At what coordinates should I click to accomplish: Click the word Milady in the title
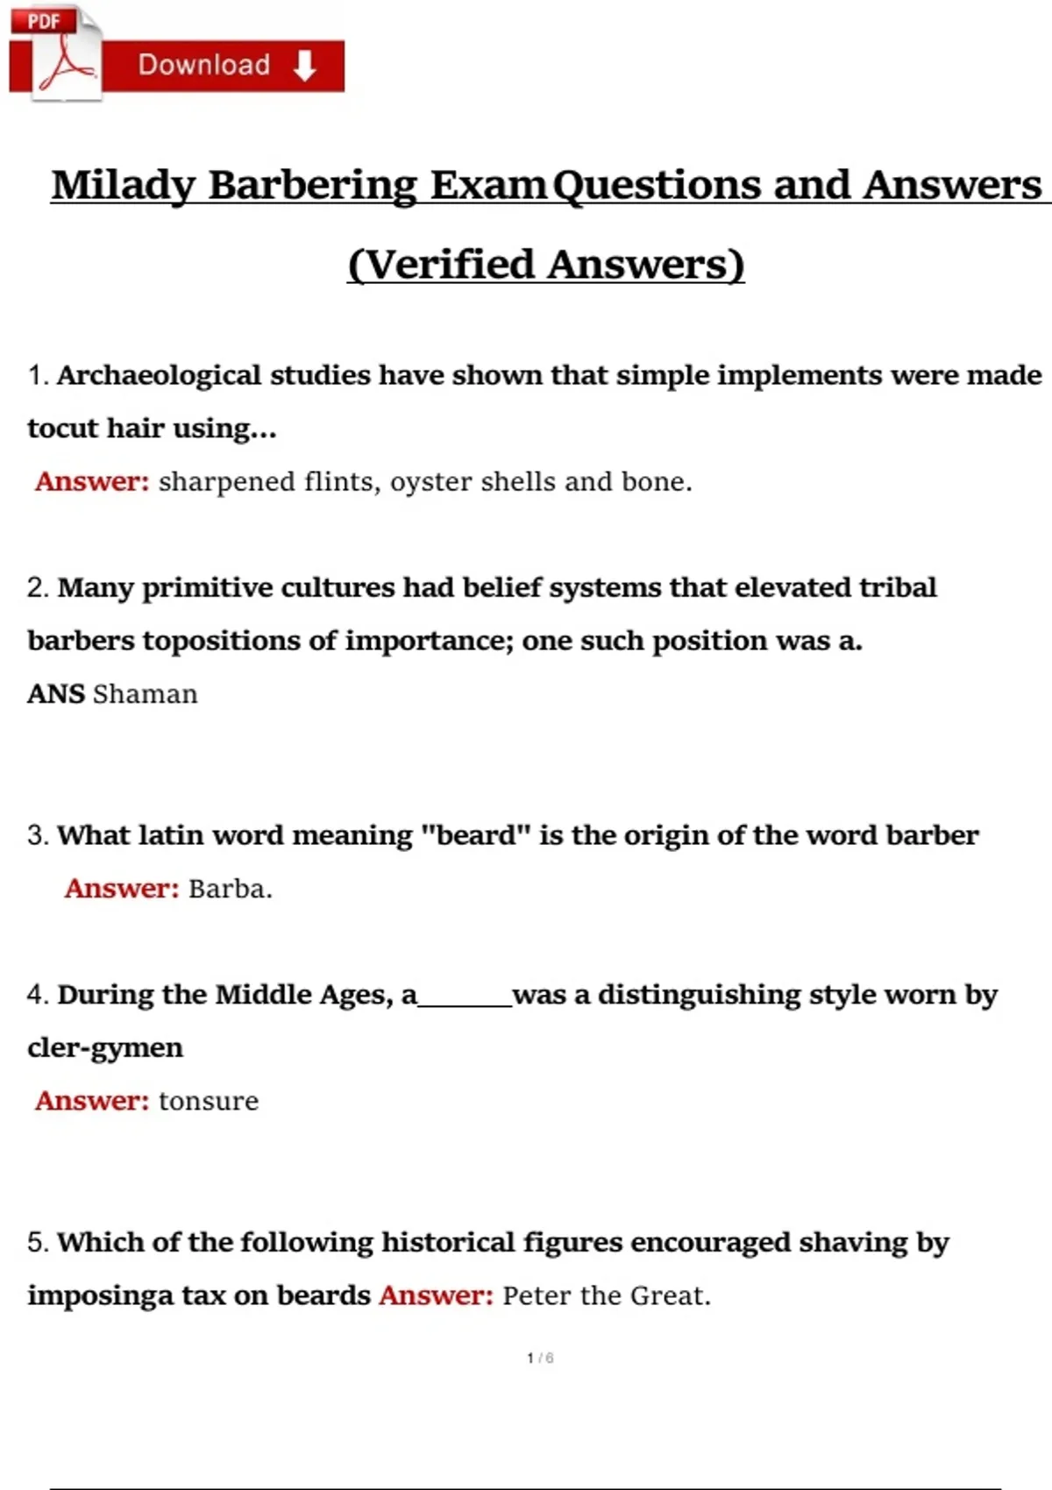pyautogui.click(x=124, y=186)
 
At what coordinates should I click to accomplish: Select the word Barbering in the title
pyautogui.click(x=313, y=186)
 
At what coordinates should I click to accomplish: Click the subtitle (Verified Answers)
pyautogui.click(x=546, y=265)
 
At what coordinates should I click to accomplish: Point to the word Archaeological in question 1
pyautogui.click(x=159, y=375)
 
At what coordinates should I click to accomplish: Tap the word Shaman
pyautogui.click(x=146, y=694)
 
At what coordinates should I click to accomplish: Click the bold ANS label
pyautogui.click(x=55, y=694)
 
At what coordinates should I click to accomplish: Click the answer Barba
pyautogui.click(x=230, y=889)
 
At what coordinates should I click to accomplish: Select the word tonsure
pyautogui.click(x=209, y=1101)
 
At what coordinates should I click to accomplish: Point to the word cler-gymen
pyautogui.click(x=105, y=1048)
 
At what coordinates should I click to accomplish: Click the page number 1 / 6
pyautogui.click(x=540, y=1358)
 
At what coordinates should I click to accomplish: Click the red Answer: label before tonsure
pyautogui.click(x=92, y=1101)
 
